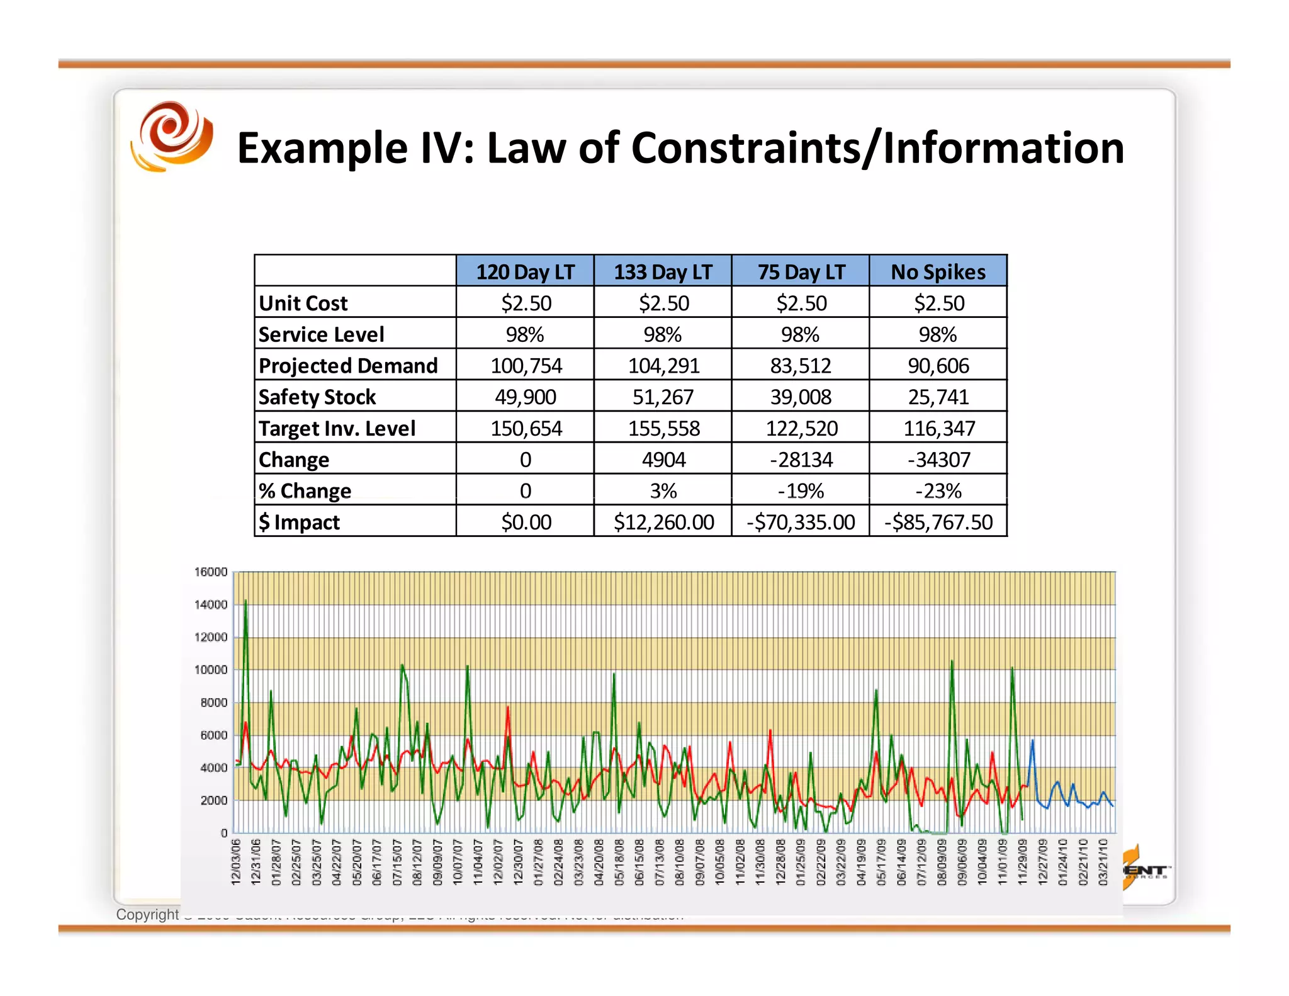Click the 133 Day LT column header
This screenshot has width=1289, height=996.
663,271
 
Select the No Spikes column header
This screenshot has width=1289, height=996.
938,271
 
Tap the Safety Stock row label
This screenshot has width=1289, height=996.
317,397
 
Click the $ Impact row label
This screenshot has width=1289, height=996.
300,522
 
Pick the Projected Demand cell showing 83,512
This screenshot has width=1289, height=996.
801,366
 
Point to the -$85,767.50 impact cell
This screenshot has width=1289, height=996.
938,522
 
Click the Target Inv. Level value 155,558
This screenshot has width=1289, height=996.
663,428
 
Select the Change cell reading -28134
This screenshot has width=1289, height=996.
801,460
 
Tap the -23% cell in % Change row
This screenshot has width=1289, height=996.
938,490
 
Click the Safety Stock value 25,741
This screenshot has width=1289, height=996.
938,397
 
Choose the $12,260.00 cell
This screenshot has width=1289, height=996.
663,522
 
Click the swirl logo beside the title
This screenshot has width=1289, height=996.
172,137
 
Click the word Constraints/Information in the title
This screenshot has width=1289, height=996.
877,149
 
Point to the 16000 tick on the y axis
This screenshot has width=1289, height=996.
210,572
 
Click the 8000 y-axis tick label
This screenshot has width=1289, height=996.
213,702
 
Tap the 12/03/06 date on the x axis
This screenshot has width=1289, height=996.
236,862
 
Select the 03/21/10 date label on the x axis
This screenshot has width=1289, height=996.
1103,862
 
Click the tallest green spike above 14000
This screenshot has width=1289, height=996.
245,602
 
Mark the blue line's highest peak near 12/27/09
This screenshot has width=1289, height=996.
1032,741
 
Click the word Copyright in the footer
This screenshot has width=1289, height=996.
147,914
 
